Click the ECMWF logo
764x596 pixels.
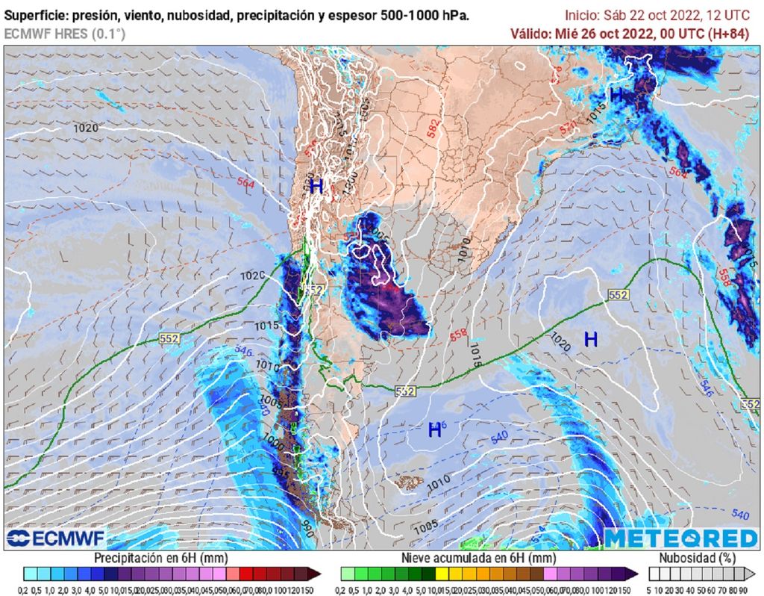[56, 538]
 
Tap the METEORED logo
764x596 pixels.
[680, 538]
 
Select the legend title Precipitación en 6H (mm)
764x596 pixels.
[161, 558]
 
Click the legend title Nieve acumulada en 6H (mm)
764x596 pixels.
[478, 558]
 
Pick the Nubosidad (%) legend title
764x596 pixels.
[699, 558]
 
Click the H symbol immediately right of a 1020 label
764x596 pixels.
[591, 340]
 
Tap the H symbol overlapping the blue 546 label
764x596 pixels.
[434, 430]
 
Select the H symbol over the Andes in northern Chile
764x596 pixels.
[316, 187]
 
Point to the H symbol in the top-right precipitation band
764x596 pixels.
[617, 95]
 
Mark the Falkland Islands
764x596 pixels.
[409, 484]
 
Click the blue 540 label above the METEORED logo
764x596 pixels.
[739, 515]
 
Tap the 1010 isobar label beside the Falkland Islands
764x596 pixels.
[438, 479]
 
